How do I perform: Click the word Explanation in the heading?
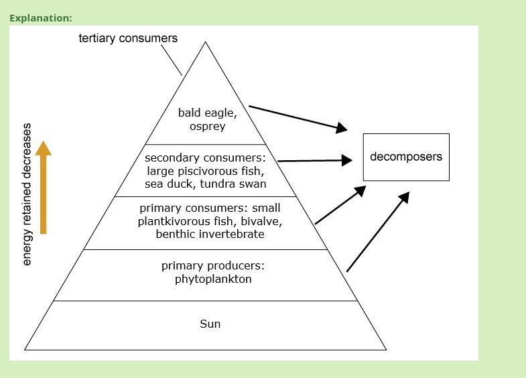coord(40,18)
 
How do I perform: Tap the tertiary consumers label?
coord(128,38)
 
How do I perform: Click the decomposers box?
coord(406,157)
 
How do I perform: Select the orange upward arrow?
coord(44,187)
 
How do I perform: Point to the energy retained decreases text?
coord(27,194)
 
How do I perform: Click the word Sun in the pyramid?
coord(210,324)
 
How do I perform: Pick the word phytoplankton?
coord(213,279)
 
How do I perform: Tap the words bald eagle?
coord(207,113)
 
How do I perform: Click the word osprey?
coord(207,126)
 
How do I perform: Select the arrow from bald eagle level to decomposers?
coord(298,117)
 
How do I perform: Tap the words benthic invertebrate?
coord(210,234)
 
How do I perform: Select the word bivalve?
coord(262,221)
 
